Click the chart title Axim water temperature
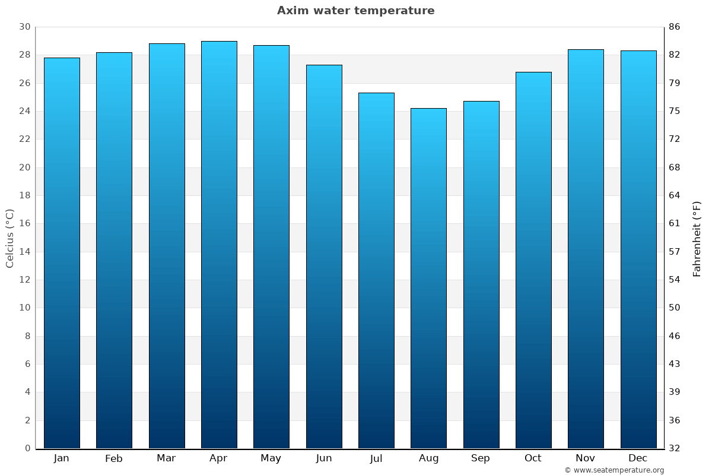click(355, 11)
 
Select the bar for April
click(219, 245)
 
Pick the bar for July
click(376, 270)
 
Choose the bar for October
click(533, 260)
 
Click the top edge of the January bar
click(62, 58)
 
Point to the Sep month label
click(481, 458)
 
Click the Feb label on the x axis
click(114, 458)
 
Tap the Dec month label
click(638, 458)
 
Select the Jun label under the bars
click(324, 458)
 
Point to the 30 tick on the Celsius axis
click(24, 27)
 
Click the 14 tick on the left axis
click(24, 252)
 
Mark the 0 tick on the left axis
click(27, 448)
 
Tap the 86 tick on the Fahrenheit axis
click(674, 27)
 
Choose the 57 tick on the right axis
click(674, 252)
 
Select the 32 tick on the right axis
click(674, 448)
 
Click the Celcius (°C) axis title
click(9, 238)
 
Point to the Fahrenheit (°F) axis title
click(697, 238)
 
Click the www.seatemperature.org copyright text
click(614, 470)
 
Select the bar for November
click(586, 249)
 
